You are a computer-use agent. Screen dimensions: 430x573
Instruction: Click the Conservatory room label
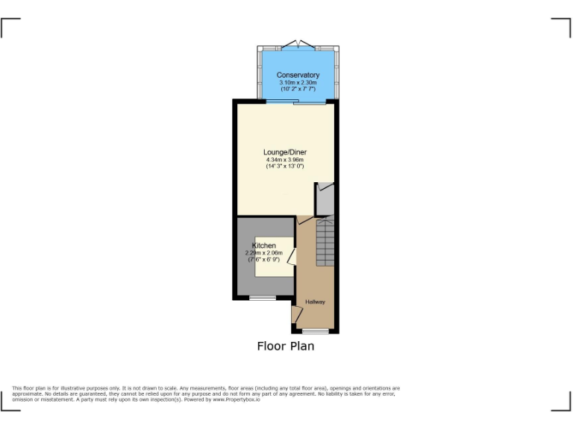(x=298, y=75)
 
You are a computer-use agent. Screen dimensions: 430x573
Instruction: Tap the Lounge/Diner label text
(x=285, y=152)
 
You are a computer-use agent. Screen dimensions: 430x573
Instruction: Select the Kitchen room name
(x=264, y=246)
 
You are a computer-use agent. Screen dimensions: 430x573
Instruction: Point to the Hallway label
(x=314, y=302)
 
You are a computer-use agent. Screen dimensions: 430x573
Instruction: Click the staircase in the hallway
(x=325, y=242)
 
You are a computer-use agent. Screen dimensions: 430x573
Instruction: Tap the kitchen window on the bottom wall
(x=262, y=298)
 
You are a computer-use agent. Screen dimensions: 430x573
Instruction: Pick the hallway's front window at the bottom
(x=316, y=331)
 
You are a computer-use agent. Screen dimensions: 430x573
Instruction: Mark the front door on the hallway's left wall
(x=295, y=314)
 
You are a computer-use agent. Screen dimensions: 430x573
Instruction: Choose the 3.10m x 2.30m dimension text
(x=298, y=83)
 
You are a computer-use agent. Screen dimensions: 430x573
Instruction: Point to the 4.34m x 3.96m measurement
(x=285, y=160)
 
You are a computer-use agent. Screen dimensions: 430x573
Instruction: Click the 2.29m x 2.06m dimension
(x=264, y=253)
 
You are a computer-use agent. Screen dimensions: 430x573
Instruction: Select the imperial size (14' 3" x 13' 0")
(x=285, y=166)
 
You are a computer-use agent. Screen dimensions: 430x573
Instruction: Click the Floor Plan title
(x=286, y=346)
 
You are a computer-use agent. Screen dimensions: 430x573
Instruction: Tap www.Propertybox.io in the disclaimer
(x=237, y=399)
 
